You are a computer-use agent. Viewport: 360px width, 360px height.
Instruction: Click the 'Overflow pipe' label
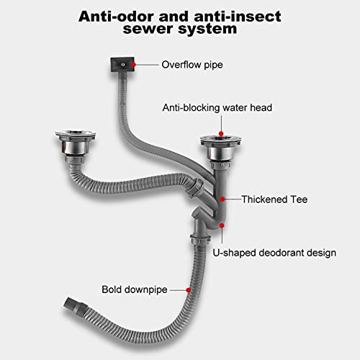click(x=192, y=65)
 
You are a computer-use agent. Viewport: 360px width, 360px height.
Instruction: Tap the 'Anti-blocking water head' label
click(x=217, y=108)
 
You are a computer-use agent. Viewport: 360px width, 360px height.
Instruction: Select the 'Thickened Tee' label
click(x=274, y=199)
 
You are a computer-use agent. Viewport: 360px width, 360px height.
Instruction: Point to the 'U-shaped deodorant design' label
click(x=274, y=253)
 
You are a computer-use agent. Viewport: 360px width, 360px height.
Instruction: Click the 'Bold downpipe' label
click(x=135, y=289)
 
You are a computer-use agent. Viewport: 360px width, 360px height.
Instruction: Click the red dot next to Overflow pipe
click(x=133, y=65)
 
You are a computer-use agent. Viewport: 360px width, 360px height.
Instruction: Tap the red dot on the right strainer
click(x=221, y=134)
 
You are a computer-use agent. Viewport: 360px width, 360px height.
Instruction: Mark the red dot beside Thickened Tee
click(x=222, y=199)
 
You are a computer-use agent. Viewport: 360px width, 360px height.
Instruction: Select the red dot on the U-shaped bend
click(x=222, y=225)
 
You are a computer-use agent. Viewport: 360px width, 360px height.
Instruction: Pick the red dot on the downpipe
click(x=189, y=290)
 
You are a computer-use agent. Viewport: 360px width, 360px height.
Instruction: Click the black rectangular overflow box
click(x=122, y=64)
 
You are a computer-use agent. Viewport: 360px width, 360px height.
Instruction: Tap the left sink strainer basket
click(x=75, y=143)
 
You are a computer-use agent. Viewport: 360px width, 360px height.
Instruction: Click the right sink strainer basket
click(x=221, y=149)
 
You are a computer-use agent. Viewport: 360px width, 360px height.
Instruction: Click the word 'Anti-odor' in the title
click(x=116, y=17)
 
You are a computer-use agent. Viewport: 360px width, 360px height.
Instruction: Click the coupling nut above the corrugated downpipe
click(x=201, y=239)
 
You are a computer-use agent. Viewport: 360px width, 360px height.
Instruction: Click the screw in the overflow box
click(x=123, y=64)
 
